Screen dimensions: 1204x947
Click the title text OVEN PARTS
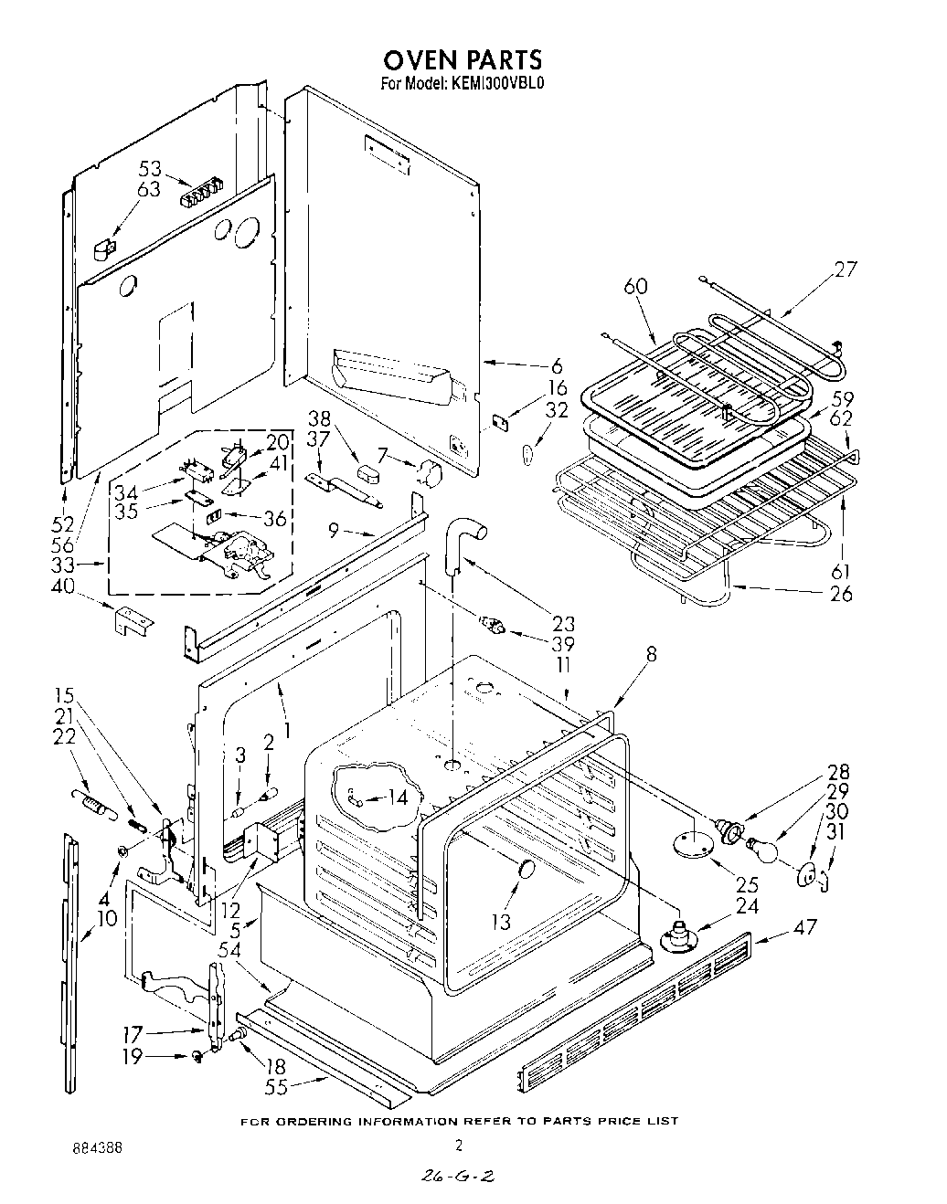(x=462, y=60)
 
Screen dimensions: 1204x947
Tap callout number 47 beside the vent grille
(x=805, y=929)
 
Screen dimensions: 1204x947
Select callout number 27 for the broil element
(x=846, y=270)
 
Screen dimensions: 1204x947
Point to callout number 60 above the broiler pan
(x=635, y=286)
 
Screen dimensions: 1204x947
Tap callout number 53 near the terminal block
(x=150, y=169)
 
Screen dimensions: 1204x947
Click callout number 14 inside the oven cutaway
(x=398, y=797)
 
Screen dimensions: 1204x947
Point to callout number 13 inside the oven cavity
(x=501, y=923)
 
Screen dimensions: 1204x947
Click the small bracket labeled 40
(x=133, y=621)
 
